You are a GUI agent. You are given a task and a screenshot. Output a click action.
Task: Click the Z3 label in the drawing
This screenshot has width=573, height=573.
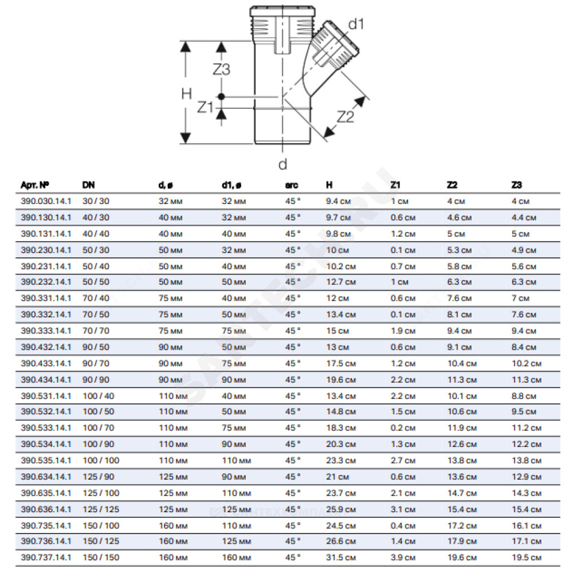pos(221,69)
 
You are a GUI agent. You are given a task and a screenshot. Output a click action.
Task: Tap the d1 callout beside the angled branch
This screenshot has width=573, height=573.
pos(356,24)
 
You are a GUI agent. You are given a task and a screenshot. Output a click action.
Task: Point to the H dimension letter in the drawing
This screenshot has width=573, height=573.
pos(186,94)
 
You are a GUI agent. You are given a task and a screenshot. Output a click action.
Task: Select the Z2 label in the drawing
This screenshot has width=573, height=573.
pos(346,116)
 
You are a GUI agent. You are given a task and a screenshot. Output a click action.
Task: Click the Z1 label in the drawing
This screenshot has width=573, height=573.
pos(205,107)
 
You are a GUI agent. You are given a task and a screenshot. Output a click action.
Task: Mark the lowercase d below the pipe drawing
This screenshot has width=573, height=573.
pos(282,164)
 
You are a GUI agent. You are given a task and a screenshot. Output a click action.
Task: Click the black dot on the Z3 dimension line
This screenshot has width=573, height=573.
pos(221,97)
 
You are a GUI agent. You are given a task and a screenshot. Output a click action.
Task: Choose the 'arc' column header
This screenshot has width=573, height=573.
pos(292,185)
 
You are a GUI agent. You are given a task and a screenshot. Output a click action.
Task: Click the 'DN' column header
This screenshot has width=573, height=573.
pos(88,185)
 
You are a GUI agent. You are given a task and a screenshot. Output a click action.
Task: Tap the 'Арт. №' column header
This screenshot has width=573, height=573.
pos(35,185)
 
